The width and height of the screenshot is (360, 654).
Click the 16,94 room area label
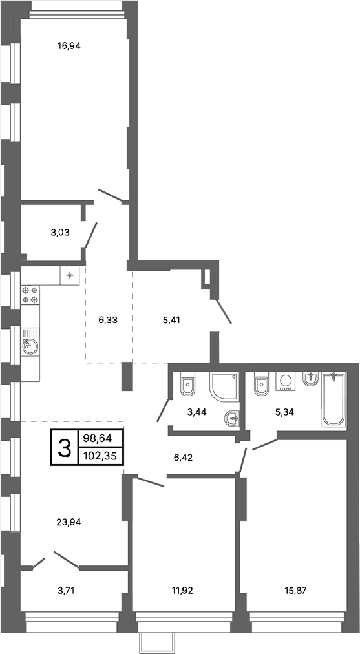(x=69, y=46)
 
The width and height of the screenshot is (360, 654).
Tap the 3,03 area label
(x=60, y=233)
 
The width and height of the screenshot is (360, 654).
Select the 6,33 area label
(x=107, y=320)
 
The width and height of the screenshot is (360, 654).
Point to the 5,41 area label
(x=171, y=320)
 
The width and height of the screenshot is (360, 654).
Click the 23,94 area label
(x=69, y=522)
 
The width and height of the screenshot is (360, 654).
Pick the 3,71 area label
(x=68, y=590)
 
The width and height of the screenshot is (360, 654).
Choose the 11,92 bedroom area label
(x=182, y=590)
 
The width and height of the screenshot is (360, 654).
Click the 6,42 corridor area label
(x=183, y=457)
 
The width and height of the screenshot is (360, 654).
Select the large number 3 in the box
(x=65, y=447)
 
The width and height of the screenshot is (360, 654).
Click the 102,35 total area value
(x=100, y=456)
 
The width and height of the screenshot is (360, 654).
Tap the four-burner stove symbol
(x=30, y=295)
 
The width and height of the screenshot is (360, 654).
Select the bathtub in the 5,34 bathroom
(x=334, y=399)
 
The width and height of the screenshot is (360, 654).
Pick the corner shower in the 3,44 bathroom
(x=224, y=386)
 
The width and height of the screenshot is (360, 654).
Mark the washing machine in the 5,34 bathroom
(x=285, y=381)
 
